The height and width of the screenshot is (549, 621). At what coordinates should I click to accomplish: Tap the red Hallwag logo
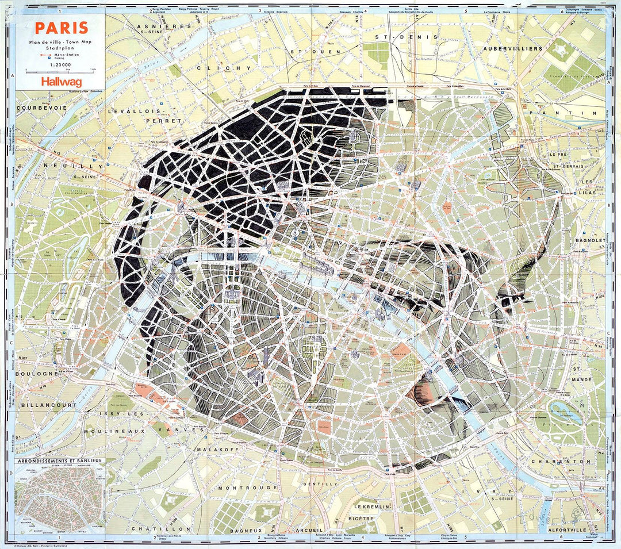pos(60,82)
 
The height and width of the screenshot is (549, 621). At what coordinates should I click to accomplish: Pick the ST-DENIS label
pos(406,37)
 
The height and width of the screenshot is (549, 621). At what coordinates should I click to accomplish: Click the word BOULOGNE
pos(38,373)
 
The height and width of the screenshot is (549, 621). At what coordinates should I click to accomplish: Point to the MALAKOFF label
pos(217,449)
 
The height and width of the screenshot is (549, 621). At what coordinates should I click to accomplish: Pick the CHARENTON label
pos(561,461)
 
